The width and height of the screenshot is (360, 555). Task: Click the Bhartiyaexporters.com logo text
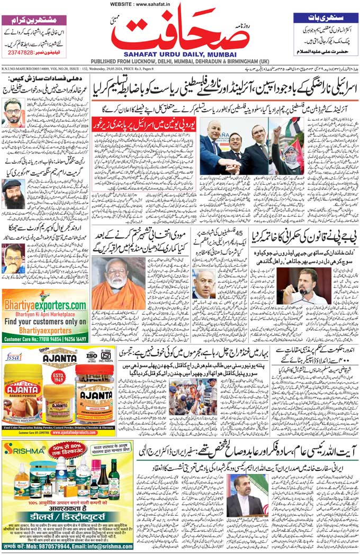coord(45,306)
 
